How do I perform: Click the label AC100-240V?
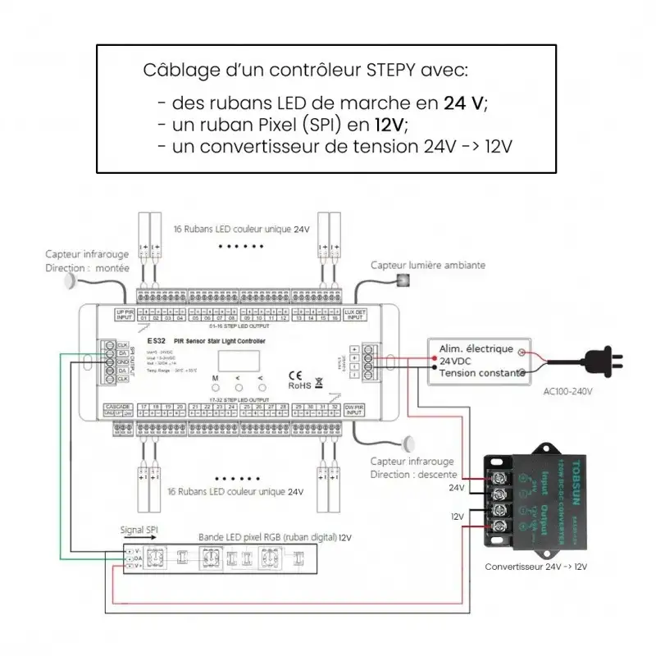tap(567, 391)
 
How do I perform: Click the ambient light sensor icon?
tap(403, 280)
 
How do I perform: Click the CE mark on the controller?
tap(295, 377)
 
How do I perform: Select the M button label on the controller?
tap(215, 378)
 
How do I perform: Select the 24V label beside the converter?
tap(456, 487)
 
